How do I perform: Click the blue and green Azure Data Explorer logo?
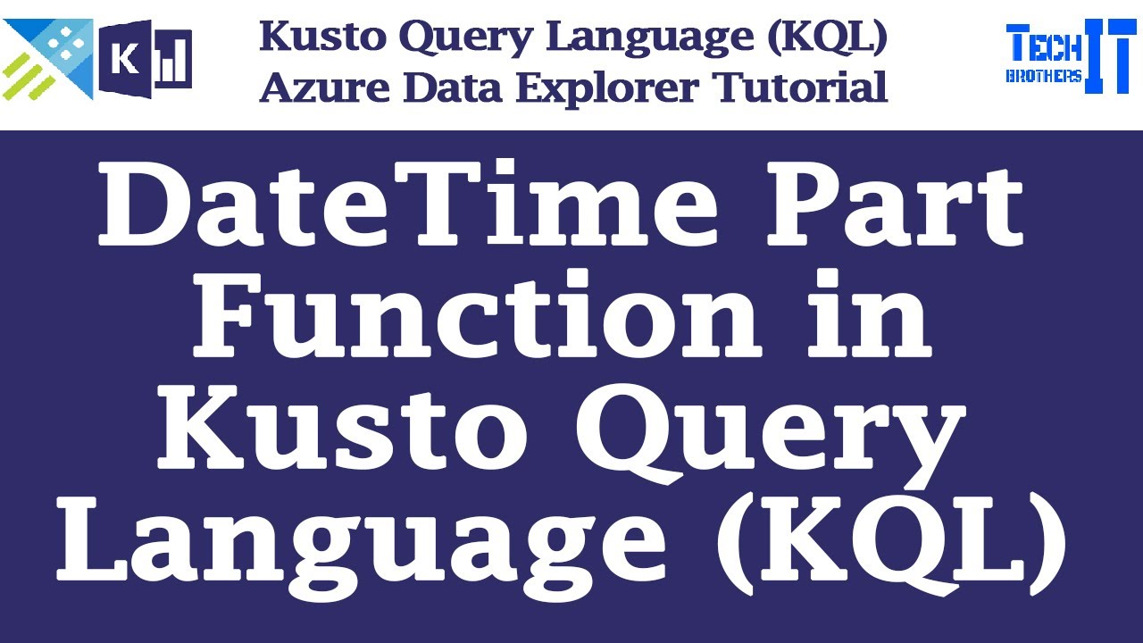click(48, 58)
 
